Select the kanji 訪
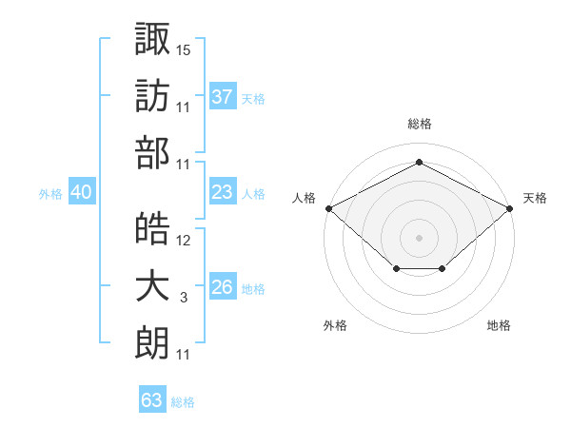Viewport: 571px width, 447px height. pos(152,96)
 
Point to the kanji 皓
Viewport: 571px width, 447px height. pos(152,229)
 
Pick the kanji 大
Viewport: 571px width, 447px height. pos(152,289)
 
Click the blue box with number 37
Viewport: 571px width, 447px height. pos(223,96)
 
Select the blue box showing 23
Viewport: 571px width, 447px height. pos(223,192)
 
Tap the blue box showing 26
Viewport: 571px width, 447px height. pos(223,287)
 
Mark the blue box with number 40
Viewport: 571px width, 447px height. pos(81,192)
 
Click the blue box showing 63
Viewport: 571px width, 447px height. pos(152,400)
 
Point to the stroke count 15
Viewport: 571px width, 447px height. pos(184,49)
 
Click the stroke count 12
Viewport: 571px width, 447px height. pos(184,241)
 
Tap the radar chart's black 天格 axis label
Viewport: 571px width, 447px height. pos(535,198)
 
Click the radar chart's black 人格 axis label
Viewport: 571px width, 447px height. pos(305,198)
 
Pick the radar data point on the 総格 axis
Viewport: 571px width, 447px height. pos(419,163)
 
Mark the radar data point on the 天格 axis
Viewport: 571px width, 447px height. pos(510,208)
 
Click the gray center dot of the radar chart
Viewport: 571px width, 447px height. pos(419,237)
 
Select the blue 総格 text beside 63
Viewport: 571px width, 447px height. pos(183,402)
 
